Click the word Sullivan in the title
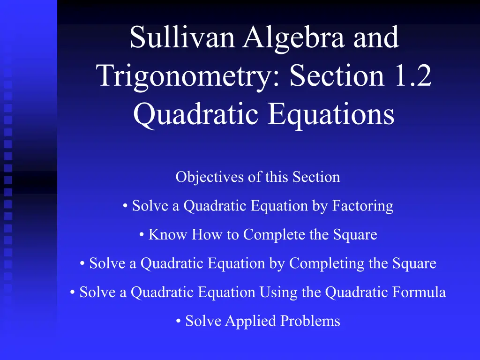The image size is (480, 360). [x=182, y=37]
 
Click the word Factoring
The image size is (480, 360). [x=363, y=206]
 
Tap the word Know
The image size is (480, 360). [x=167, y=234]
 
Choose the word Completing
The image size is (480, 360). [x=327, y=264]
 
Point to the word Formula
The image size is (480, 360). [x=419, y=292]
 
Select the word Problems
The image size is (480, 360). [x=310, y=321]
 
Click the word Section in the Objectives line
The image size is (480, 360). [x=316, y=177]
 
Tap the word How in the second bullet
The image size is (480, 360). [x=207, y=234]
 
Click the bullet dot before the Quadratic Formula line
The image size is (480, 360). [x=73, y=292]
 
